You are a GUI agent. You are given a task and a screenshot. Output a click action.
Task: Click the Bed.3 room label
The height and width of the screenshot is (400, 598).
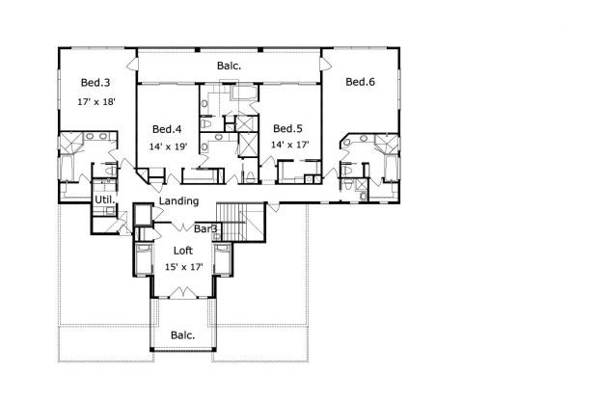pyautogui.click(x=95, y=82)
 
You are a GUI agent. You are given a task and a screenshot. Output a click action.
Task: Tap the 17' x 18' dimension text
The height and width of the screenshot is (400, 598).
pyautogui.click(x=96, y=102)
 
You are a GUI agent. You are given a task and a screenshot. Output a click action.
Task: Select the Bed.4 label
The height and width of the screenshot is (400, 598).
pyautogui.click(x=167, y=129)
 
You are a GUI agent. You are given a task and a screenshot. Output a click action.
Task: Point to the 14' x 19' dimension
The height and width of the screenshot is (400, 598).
pyautogui.click(x=168, y=147)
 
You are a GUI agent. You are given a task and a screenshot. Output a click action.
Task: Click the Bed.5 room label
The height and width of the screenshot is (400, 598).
pyautogui.click(x=288, y=128)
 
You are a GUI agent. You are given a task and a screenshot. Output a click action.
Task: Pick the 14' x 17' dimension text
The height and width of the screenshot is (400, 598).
pyautogui.click(x=290, y=145)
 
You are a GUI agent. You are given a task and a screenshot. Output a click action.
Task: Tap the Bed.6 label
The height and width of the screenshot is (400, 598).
pyautogui.click(x=361, y=82)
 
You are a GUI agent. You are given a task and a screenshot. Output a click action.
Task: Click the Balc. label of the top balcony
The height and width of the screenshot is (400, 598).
pyautogui.click(x=230, y=66)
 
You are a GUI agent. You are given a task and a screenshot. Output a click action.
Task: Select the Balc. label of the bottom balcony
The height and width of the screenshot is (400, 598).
pyautogui.click(x=183, y=335)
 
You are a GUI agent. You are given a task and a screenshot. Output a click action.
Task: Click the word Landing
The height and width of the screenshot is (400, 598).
pyautogui.click(x=178, y=200)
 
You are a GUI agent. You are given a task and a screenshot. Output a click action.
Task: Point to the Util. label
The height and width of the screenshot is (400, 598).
pyautogui.click(x=103, y=200)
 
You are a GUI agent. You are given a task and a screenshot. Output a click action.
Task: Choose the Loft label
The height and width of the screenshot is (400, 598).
pyautogui.click(x=183, y=251)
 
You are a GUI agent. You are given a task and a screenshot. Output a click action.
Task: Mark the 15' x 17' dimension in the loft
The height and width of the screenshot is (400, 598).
pyautogui.click(x=183, y=267)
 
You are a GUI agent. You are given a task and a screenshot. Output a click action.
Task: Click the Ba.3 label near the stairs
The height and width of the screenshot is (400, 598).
pyautogui.click(x=205, y=228)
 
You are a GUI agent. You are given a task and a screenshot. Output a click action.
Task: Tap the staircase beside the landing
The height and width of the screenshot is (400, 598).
pyautogui.click(x=241, y=222)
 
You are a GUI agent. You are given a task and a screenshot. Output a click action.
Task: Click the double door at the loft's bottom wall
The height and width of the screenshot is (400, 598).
pyautogui.click(x=182, y=292)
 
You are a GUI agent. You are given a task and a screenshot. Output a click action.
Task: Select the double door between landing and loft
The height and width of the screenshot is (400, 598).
pyautogui.click(x=183, y=227)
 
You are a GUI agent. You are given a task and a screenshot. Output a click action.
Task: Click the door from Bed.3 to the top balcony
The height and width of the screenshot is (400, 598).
pyautogui.click(x=132, y=65)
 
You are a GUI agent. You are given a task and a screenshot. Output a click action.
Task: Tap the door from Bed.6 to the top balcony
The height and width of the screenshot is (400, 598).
pyautogui.click(x=325, y=64)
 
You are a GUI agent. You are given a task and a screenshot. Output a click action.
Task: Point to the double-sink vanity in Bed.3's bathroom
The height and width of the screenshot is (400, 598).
pyautogui.click(x=96, y=136)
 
